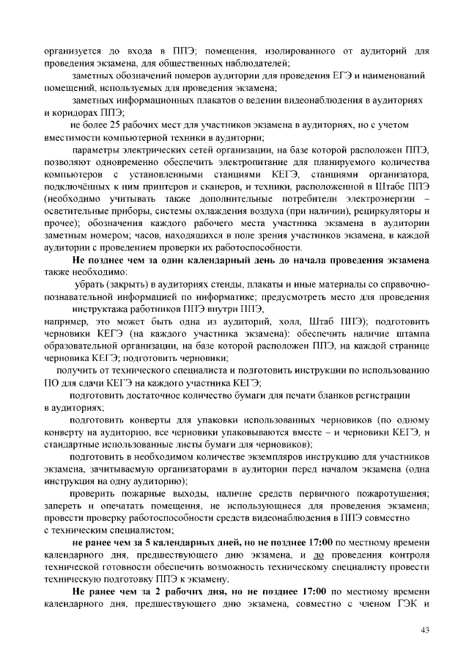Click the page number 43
(x=425, y=630)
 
